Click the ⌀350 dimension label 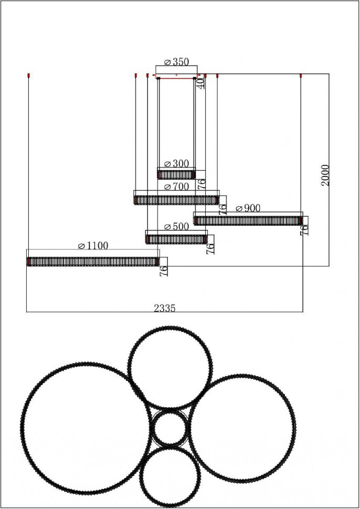point(176,62)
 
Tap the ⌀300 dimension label point(176,164)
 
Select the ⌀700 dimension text point(176,187)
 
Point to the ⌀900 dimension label point(248,208)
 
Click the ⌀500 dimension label point(176,226)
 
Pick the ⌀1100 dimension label point(93,246)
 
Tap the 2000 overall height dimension point(325,175)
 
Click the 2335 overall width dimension point(165,308)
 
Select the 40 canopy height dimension point(202,83)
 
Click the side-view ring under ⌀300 point(177,175)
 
